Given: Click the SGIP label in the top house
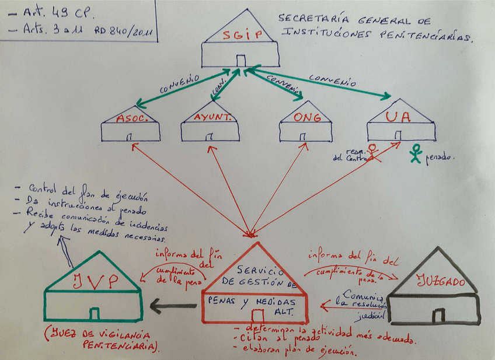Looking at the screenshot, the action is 239,36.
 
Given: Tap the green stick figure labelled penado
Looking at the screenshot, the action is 416,153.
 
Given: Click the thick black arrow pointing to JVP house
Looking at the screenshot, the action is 172,305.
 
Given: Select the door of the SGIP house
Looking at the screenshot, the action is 240,60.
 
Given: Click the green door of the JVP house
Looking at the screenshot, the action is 94,313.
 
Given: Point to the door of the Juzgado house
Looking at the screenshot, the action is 437,316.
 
